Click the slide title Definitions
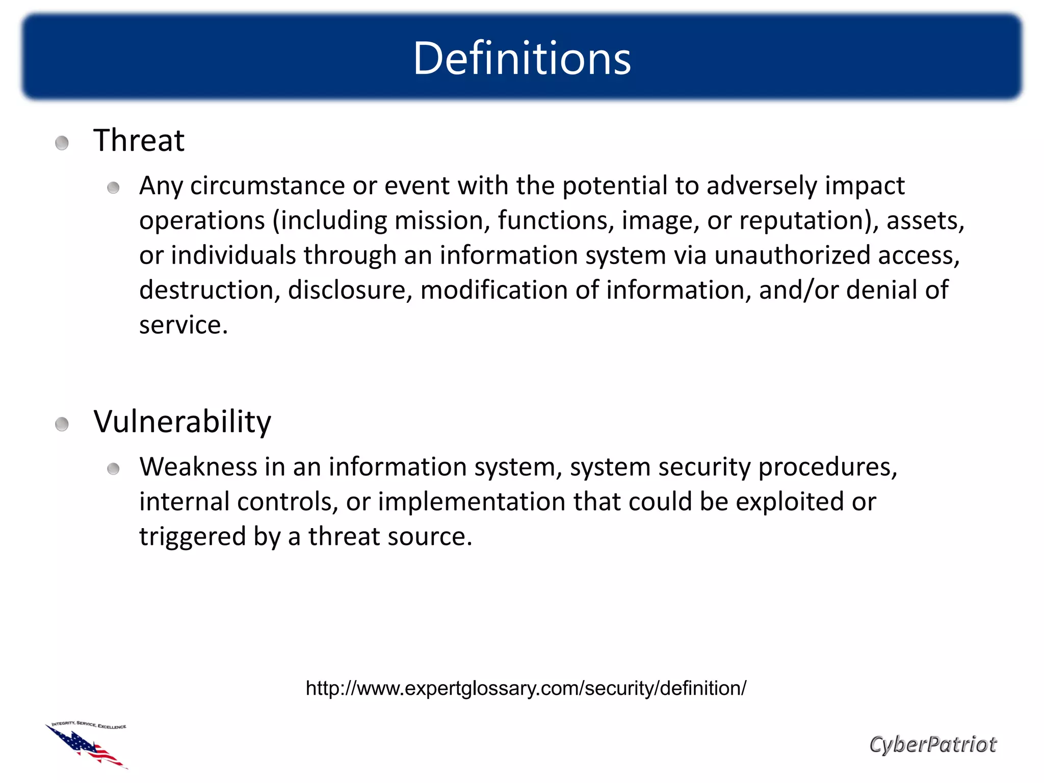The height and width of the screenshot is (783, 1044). click(521, 58)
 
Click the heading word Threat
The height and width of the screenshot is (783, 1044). click(139, 140)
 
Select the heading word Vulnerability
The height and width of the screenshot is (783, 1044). click(182, 422)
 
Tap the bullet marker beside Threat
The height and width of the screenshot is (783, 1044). click(62, 143)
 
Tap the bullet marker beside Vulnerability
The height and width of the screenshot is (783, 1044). click(62, 424)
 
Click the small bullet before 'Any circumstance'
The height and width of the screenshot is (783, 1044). click(113, 188)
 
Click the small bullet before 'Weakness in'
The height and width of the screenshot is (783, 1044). click(113, 469)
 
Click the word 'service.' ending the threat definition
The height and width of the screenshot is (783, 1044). click(184, 325)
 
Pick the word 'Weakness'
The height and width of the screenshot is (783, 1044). click(198, 467)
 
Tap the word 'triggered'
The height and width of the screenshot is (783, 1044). click(192, 537)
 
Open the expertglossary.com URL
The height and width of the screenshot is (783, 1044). click(526, 688)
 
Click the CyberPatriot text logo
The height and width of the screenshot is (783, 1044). click(932, 744)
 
